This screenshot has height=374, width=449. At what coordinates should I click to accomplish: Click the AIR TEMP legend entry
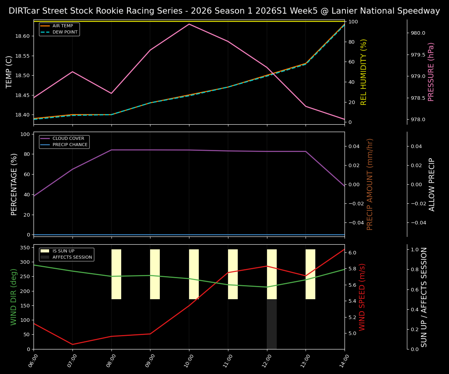tap(62, 26)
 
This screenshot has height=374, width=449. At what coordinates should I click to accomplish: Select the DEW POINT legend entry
tap(65, 32)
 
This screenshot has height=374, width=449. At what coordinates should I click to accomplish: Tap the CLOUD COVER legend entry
tap(68, 139)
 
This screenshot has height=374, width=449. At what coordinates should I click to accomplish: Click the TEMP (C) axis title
tap(9, 72)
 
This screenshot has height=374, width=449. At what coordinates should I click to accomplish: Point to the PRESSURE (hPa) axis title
tap(431, 72)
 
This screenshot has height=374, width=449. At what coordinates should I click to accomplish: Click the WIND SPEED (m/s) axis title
tap(362, 297)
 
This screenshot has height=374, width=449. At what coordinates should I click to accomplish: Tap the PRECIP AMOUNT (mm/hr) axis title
tap(370, 184)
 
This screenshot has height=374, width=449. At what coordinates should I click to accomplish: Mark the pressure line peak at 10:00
tap(189, 24)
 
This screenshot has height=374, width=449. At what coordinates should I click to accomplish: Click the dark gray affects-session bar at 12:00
tap(272, 324)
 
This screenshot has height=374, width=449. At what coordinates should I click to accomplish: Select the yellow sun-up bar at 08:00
tap(116, 274)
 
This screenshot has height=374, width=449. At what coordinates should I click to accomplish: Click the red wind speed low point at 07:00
tap(72, 344)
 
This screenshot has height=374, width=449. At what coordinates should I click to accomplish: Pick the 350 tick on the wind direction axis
tap(26, 248)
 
